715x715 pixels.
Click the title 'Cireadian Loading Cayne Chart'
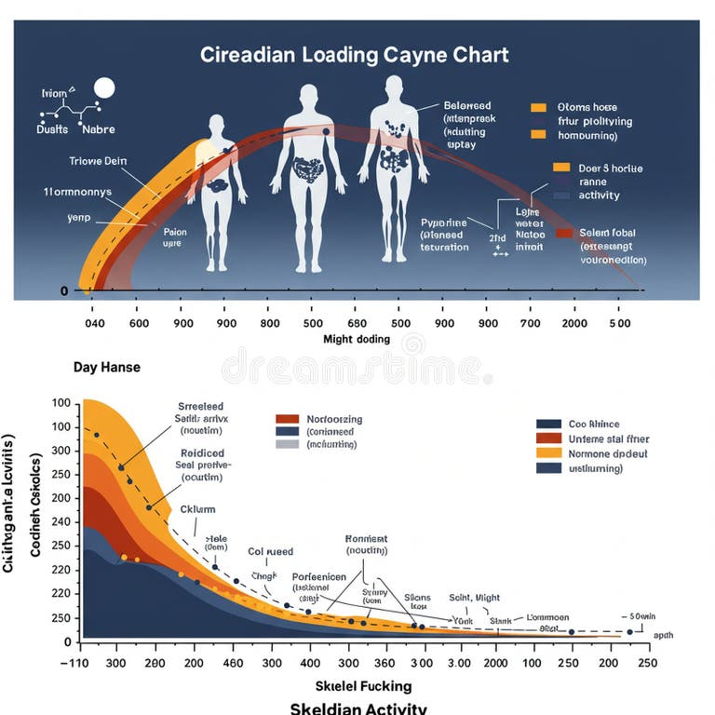(x=355, y=54)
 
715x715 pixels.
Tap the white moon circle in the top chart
(x=103, y=88)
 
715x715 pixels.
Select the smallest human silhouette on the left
(x=217, y=191)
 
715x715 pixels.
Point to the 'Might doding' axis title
(x=357, y=339)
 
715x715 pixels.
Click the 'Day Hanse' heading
(x=106, y=367)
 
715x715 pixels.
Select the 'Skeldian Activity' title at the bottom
(x=358, y=708)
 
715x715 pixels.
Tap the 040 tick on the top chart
(x=96, y=323)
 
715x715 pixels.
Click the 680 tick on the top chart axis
(x=357, y=323)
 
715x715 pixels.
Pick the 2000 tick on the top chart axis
(x=574, y=323)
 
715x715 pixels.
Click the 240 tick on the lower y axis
(x=61, y=521)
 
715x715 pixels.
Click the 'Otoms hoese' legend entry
(x=587, y=107)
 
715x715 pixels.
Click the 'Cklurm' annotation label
(x=189, y=509)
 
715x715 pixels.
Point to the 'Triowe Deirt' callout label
(x=99, y=160)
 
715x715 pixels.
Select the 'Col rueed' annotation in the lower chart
(x=269, y=551)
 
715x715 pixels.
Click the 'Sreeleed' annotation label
(x=200, y=407)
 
